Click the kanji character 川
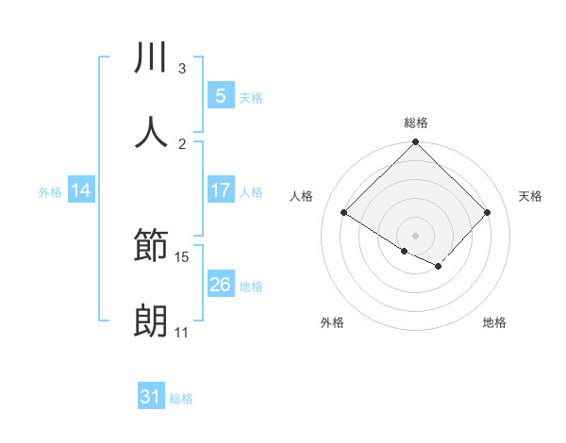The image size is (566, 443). point(152,59)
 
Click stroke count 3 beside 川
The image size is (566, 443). point(182,69)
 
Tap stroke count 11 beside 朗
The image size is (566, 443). point(182,332)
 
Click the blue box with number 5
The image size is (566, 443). point(220,95)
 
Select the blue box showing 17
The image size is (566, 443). point(220,189)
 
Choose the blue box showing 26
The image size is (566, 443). point(220,284)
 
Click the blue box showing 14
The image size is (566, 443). point(81,190)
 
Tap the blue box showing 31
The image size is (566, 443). point(150,397)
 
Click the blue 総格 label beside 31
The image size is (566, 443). point(181,399)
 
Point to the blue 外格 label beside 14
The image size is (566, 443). point(50,191)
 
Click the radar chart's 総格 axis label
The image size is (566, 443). point(416,123)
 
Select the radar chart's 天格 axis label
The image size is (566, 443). point(530,196)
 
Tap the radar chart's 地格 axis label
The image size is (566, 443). point(494,322)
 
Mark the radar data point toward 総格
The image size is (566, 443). point(416,143)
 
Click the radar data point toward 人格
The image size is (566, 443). point(344,213)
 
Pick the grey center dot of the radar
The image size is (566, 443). point(416,235)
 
